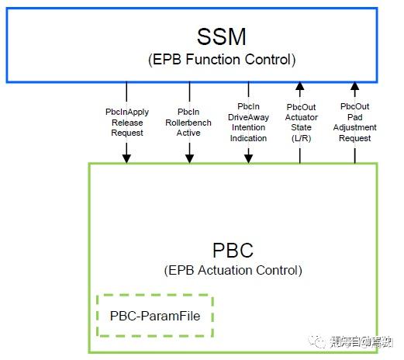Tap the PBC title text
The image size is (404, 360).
click(232, 251)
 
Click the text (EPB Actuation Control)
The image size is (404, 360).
click(233, 271)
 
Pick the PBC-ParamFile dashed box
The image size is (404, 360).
click(154, 317)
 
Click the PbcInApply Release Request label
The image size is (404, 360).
click(126, 122)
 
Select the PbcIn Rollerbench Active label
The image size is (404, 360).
click(188, 122)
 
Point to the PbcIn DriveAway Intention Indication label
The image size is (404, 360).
click(248, 122)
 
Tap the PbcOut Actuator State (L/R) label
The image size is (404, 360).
click(300, 122)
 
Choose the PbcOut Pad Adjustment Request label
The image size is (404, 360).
click(355, 122)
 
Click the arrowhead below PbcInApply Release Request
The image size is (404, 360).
click(126, 158)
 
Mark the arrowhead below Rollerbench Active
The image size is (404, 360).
click(188, 158)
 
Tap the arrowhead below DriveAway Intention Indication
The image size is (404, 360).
click(248, 158)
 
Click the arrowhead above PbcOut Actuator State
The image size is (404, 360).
click(300, 86)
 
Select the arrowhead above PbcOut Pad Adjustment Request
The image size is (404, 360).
click(355, 86)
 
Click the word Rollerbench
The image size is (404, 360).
click(188, 123)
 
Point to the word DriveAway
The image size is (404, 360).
click(248, 116)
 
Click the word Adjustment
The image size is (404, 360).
click(355, 127)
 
